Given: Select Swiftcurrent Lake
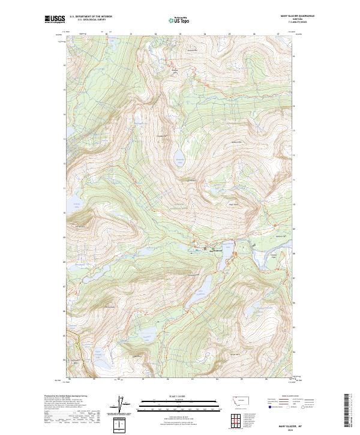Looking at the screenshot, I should (223, 258).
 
